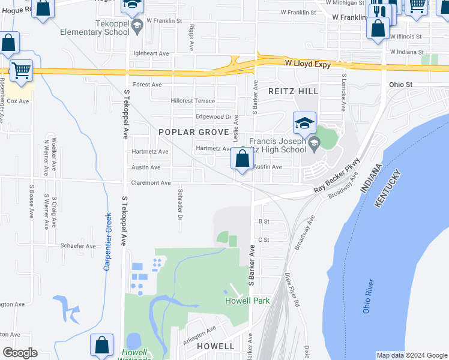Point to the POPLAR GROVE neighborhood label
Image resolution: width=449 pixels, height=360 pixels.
click(x=193, y=132)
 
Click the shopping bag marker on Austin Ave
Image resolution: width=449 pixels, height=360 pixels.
click(x=243, y=160)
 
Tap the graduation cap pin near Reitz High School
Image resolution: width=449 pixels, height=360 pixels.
click(x=304, y=124)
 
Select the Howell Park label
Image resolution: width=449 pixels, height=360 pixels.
click(x=247, y=301)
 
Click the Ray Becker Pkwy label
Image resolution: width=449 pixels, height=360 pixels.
click(x=339, y=176)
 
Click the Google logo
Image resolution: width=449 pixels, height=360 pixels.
click(x=19, y=352)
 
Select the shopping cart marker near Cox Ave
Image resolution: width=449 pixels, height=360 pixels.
click(x=21, y=71)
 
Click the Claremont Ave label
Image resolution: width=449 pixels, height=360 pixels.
click(x=151, y=183)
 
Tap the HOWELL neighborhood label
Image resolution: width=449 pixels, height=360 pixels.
click(x=215, y=346)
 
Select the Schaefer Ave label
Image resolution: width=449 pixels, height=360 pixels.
click(x=77, y=246)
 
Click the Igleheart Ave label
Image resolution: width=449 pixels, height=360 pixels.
click(x=151, y=53)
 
